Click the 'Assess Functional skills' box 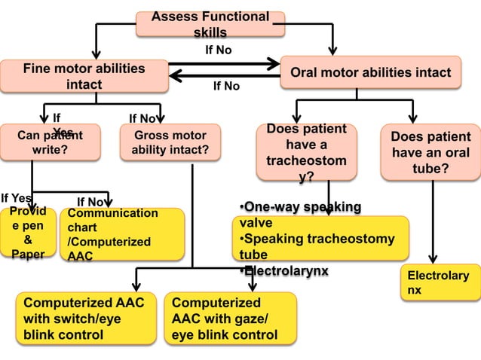click(x=210, y=24)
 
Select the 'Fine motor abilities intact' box click(x=84, y=76)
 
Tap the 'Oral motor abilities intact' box click(x=370, y=73)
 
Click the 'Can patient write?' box click(x=50, y=142)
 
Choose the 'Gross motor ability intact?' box click(x=170, y=142)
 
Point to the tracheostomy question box click(x=306, y=151)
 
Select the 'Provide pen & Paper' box click(x=28, y=233)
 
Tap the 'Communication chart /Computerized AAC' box click(x=123, y=234)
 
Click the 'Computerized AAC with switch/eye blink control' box click(x=84, y=319)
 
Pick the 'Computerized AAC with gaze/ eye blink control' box click(x=230, y=319)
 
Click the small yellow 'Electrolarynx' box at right click(x=438, y=282)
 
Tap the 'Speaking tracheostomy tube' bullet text click(x=317, y=246)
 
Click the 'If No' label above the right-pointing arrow click(x=219, y=50)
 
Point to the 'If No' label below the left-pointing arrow click(x=226, y=87)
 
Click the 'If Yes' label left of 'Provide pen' click(x=16, y=198)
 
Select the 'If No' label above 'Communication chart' click(x=90, y=202)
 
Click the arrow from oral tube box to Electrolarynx click(x=433, y=222)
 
